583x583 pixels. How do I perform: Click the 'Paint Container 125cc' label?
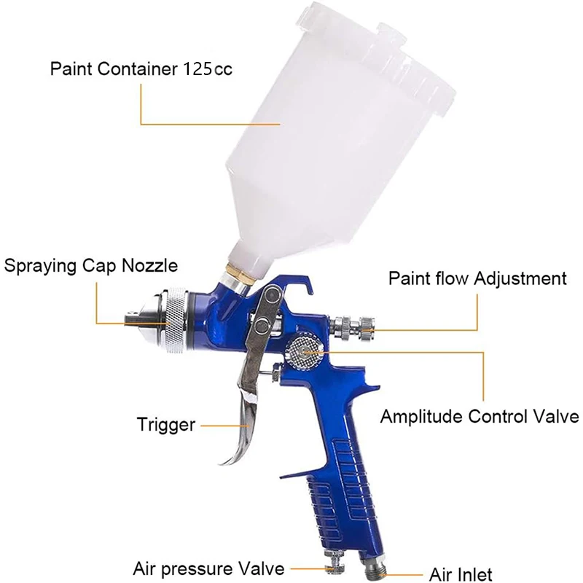point(141,69)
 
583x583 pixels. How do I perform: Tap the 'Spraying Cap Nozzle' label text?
point(91,266)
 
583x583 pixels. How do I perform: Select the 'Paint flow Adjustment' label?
point(478,278)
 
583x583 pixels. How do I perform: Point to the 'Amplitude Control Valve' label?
point(480,416)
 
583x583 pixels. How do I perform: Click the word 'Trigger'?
point(166,425)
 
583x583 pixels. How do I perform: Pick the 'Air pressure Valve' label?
point(208,568)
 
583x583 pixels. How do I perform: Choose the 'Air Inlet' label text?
point(461,574)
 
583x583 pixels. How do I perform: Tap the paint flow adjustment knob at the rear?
point(354,327)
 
